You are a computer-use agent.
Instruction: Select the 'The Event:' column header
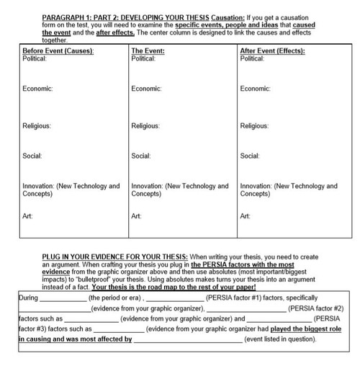(x=148, y=52)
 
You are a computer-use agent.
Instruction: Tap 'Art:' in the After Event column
(x=246, y=215)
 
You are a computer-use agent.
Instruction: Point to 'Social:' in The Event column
(x=143, y=156)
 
